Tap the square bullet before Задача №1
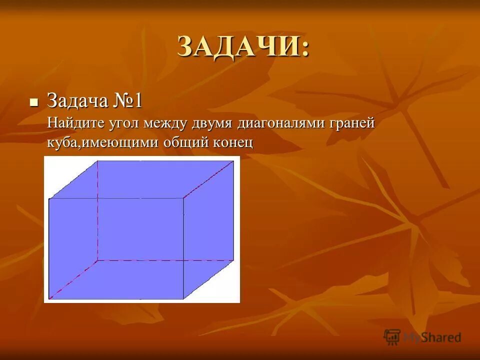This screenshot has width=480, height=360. pos(34,102)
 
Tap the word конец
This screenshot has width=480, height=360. pos(233,143)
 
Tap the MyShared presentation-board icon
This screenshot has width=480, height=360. pos(392,337)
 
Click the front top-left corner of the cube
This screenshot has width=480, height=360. pos(49,199)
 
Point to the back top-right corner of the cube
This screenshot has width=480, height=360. pos(234,161)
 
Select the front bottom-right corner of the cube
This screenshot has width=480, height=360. pos(183,299)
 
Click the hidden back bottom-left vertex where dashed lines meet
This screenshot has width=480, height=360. pos(97,260)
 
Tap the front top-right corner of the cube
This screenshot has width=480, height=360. pos(183,198)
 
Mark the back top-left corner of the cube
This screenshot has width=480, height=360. pos(97,161)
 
